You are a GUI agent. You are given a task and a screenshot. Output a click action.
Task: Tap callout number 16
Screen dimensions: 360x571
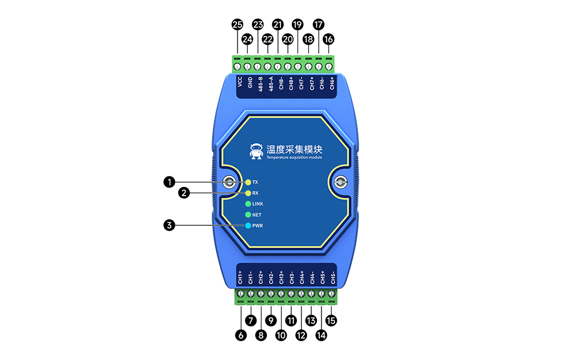click(x=328, y=39)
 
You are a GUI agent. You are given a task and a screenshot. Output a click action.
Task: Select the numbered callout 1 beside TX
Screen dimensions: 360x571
click(x=168, y=182)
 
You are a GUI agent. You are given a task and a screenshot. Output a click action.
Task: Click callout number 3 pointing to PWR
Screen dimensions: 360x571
click(x=168, y=226)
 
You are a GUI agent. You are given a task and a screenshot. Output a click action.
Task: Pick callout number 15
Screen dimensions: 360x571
click(x=331, y=321)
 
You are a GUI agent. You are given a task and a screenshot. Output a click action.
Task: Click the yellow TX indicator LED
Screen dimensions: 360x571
click(x=248, y=182)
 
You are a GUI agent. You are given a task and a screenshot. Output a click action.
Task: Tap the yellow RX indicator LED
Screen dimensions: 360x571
click(x=248, y=193)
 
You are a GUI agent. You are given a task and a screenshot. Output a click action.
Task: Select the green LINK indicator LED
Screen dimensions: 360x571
click(x=248, y=204)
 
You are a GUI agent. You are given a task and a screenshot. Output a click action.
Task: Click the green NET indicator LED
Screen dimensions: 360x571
click(x=248, y=215)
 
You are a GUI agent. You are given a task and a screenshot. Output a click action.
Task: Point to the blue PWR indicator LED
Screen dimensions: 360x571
click(x=248, y=226)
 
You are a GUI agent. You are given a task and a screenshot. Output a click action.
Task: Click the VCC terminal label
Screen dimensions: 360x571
click(x=240, y=85)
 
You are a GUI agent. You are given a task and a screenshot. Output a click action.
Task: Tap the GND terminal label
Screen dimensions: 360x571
click(x=251, y=86)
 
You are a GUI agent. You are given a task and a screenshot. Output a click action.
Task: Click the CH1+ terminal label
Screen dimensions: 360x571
click(x=240, y=277)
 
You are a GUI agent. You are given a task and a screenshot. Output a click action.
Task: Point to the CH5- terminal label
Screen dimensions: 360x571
click(x=333, y=277)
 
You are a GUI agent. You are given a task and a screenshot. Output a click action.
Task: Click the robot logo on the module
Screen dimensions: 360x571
click(x=257, y=151)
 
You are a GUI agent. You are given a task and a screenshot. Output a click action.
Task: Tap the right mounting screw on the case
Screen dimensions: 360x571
click(x=340, y=183)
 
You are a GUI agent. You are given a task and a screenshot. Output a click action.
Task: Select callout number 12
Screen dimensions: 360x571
click(x=301, y=336)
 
